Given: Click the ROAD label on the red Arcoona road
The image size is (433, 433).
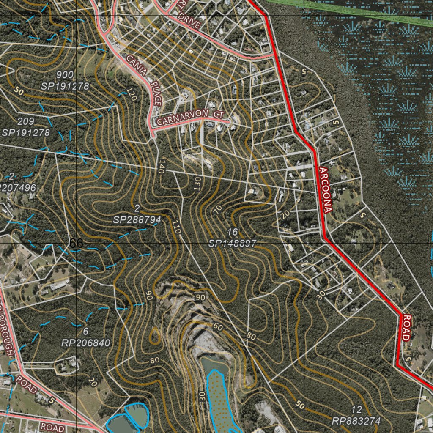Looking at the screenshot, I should click(x=406, y=328).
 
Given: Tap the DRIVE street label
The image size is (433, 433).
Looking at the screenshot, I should click(x=189, y=20).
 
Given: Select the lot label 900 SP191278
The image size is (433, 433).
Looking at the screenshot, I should click(x=65, y=81).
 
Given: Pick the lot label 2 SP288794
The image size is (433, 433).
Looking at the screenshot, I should click(x=137, y=214).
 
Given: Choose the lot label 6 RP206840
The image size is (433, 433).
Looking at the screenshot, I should click(x=86, y=337).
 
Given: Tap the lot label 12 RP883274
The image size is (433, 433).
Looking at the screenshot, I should click(x=356, y=415).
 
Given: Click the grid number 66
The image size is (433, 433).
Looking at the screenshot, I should click(x=76, y=243).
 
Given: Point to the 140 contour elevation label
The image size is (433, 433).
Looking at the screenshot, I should click(x=160, y=166).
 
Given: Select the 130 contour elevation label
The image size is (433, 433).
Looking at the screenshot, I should click(x=197, y=184).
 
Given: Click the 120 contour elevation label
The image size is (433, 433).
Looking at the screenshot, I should click(x=132, y=94).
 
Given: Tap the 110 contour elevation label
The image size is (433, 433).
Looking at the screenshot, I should click(x=176, y=227).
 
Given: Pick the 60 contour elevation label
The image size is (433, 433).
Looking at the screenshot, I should click(x=218, y=326).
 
